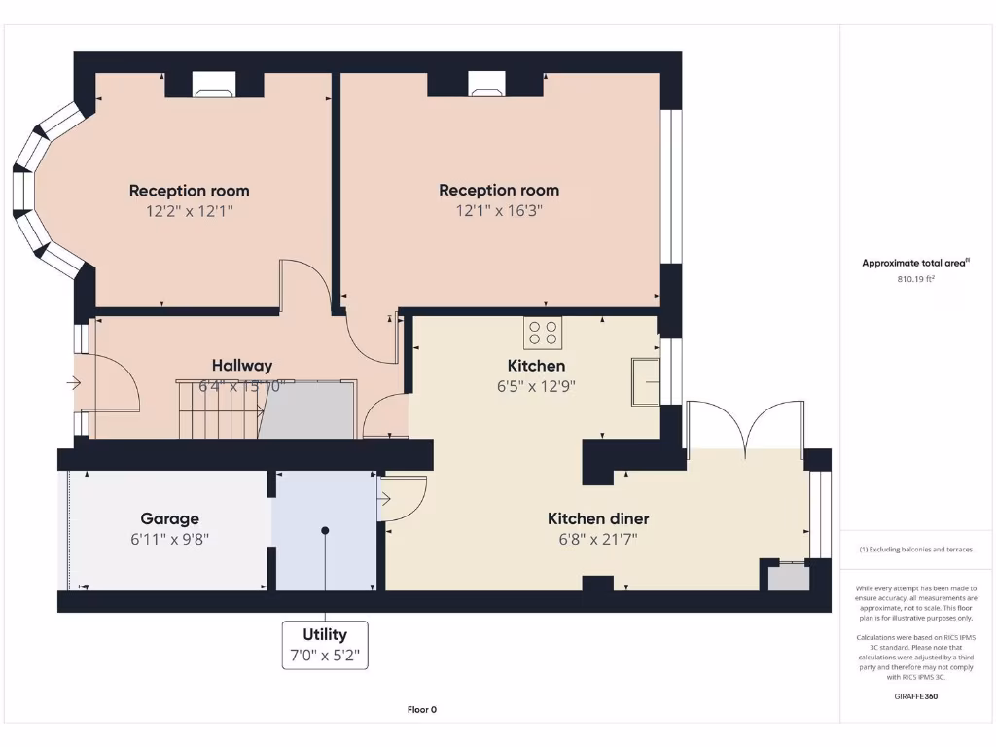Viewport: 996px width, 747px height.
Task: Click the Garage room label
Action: pos(169,518)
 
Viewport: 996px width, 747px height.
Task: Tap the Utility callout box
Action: pos(325,645)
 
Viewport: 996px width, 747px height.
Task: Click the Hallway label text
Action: pos(242,366)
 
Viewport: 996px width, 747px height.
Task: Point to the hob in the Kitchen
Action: pos(543,333)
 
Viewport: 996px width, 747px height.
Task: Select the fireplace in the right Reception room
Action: pos(484,88)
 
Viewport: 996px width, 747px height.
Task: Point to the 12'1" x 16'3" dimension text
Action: pos(498,211)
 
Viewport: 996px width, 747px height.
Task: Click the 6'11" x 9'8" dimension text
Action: pos(169,539)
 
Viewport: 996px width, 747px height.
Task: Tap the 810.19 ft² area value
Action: pos(915,279)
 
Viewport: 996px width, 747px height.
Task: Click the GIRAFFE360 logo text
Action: pos(915,696)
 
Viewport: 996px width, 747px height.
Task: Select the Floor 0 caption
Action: pos(421,710)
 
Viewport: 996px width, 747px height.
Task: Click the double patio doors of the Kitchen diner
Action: pos(745,428)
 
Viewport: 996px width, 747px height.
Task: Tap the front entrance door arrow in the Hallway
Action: pos(74,383)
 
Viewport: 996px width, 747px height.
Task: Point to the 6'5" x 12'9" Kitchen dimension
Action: pos(536,386)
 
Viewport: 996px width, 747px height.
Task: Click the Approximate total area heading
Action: pos(914,263)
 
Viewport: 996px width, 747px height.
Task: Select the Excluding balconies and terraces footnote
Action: pos(914,550)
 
